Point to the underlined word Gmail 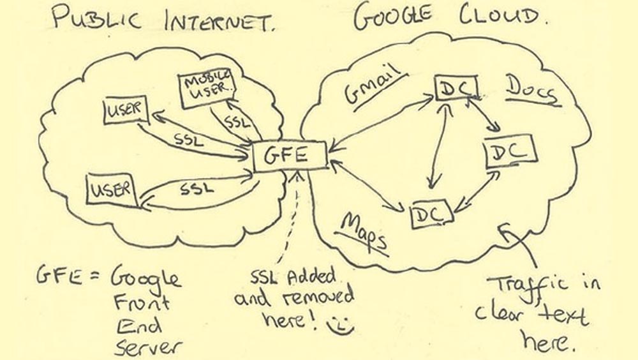pyautogui.click(x=376, y=84)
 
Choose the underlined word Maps pyautogui.click(x=364, y=231)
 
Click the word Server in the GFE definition pyautogui.click(x=148, y=347)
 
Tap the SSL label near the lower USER pyautogui.click(x=197, y=189)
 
